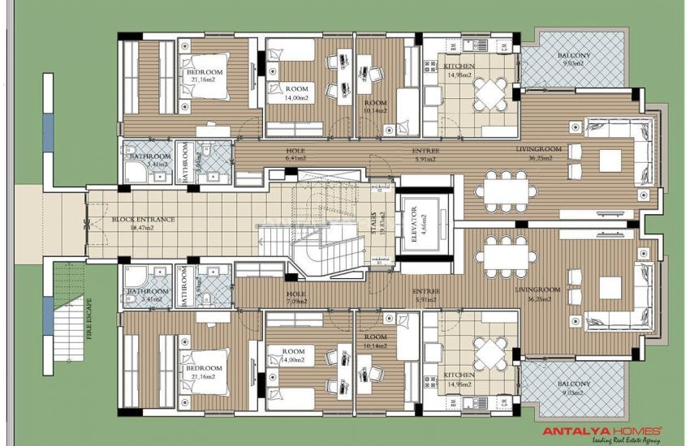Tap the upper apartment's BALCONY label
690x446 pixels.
[574, 56]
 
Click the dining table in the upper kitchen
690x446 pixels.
[489, 93]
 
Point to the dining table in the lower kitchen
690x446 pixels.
[489, 352]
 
